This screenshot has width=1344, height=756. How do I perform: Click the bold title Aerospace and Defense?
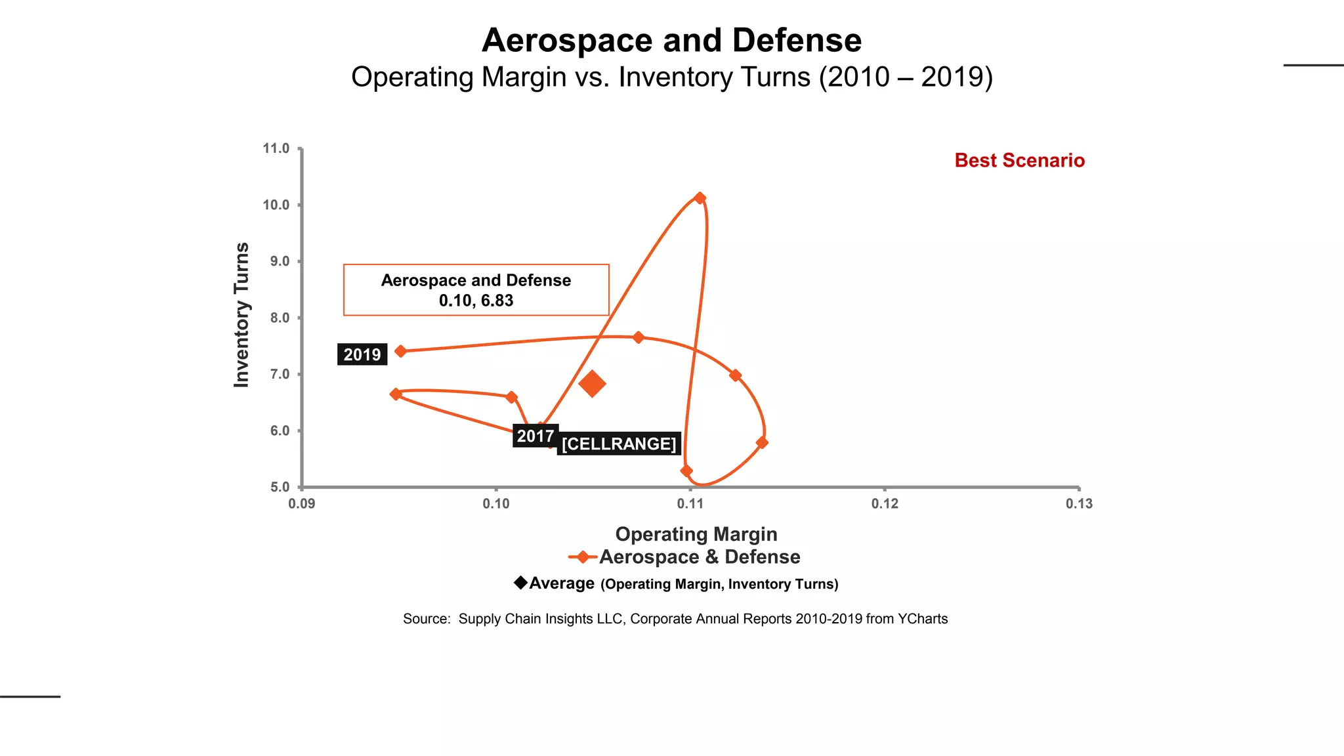pyautogui.click(x=671, y=41)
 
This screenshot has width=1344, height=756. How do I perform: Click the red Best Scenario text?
pyautogui.click(x=1019, y=161)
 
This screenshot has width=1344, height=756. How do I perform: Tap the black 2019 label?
pyautogui.click(x=362, y=355)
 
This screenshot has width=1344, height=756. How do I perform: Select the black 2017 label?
pyautogui.click(x=535, y=436)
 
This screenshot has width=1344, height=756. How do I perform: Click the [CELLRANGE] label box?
pyautogui.click(x=619, y=444)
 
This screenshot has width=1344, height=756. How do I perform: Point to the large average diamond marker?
pyautogui.click(x=592, y=384)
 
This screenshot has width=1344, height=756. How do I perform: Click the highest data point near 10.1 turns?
pyautogui.click(x=700, y=198)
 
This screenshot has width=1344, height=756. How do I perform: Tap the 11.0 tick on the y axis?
pyautogui.click(x=276, y=148)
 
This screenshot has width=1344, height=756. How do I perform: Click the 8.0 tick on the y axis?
pyautogui.click(x=276, y=318)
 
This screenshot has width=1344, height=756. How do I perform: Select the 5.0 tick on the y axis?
pyautogui.click(x=280, y=488)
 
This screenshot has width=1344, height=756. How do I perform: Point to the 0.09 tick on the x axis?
pyautogui.click(x=301, y=504)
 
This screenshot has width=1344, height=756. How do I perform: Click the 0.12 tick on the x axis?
pyautogui.click(x=885, y=504)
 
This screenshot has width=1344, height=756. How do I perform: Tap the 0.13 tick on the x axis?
pyautogui.click(x=1079, y=504)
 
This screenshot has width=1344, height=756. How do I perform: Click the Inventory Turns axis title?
pyautogui.click(x=241, y=315)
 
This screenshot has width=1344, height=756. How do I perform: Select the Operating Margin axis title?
pyautogui.click(x=696, y=534)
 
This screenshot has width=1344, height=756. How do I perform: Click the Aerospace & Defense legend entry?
pyautogui.click(x=699, y=557)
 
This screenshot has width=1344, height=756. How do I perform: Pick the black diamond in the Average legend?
pyautogui.click(x=520, y=583)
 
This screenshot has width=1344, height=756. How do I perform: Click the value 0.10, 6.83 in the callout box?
pyautogui.click(x=476, y=301)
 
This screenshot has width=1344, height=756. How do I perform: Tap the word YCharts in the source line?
pyautogui.click(x=923, y=619)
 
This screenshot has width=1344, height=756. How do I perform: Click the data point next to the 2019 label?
pyautogui.click(x=401, y=351)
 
